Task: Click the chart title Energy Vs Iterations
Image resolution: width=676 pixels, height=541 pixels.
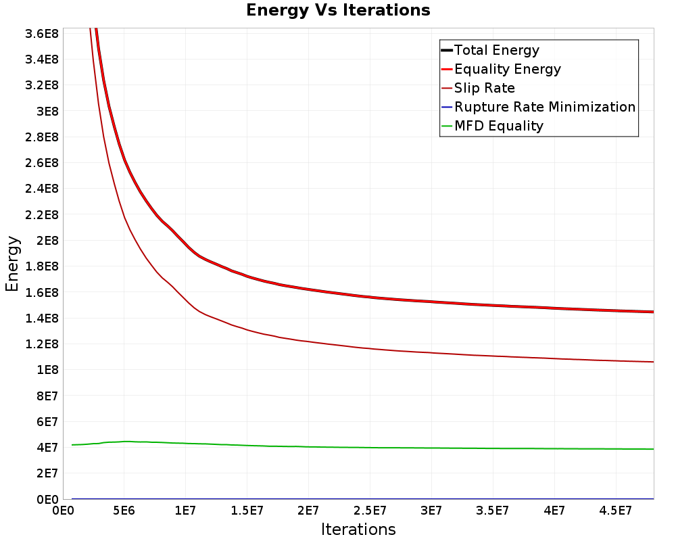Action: click(338, 10)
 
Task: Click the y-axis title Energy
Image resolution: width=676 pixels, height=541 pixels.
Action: click(12, 263)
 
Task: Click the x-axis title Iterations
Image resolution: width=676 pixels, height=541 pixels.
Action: click(358, 529)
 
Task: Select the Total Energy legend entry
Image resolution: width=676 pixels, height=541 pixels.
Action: click(497, 50)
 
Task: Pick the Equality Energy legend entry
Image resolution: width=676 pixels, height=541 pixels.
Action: click(508, 69)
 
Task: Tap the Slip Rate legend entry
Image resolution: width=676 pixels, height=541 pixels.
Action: click(485, 88)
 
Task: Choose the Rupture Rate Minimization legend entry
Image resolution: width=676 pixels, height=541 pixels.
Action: click(545, 107)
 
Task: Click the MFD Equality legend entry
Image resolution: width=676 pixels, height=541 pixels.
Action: click(499, 126)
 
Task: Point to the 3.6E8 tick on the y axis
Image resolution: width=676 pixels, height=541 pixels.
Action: click(41, 33)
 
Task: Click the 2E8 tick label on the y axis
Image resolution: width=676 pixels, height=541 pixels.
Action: click(48, 241)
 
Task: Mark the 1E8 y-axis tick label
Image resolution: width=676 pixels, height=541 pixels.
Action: click(48, 370)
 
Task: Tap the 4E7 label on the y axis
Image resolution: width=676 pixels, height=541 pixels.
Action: click(48, 448)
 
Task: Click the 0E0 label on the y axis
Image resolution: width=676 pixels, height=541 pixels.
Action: click(48, 500)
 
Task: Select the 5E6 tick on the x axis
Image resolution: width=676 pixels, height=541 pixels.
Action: click(124, 511)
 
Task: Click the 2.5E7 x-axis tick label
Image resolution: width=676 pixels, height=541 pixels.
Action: click(370, 511)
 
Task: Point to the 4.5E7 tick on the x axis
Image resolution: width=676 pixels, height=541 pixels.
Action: click(616, 511)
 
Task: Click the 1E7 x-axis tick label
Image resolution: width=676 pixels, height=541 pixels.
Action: click(186, 511)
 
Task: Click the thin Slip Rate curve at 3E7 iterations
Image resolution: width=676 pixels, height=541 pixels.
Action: click(431, 352)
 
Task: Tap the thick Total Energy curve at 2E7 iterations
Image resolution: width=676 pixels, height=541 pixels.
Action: click(308, 289)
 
